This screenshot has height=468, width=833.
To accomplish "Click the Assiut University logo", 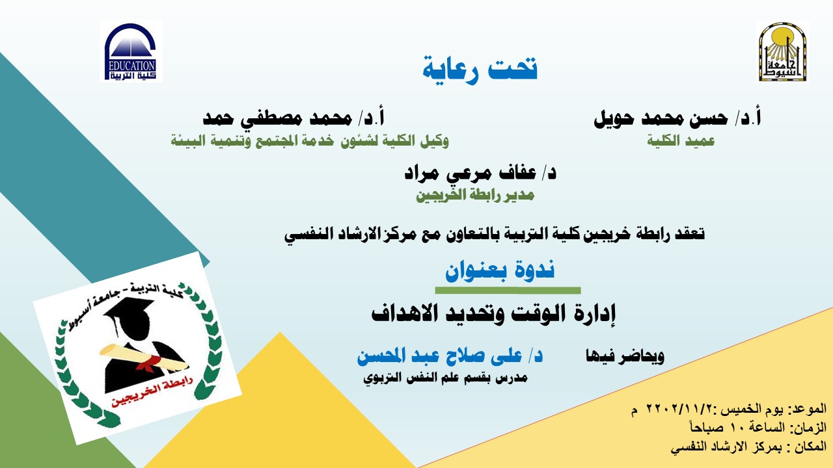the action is [782, 51].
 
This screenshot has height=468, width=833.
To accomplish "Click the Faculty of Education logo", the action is [131, 51].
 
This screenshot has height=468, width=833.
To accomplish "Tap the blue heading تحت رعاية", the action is [480, 69].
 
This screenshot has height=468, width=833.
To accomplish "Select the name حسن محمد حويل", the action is [661, 118].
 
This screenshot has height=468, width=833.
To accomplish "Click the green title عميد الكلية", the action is [681, 141].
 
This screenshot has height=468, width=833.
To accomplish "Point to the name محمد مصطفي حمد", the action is [277, 118].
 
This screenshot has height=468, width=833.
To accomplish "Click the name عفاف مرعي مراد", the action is [471, 173].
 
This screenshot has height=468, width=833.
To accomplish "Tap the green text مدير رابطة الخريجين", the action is [475, 194].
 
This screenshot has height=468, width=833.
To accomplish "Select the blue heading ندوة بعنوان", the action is [500, 270].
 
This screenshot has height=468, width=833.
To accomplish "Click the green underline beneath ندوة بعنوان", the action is [508, 291].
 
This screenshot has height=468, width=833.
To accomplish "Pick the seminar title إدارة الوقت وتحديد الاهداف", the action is [493, 314].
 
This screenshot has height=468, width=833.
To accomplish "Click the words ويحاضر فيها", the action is [625, 356].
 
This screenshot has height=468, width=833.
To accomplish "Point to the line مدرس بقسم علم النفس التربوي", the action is [446, 378].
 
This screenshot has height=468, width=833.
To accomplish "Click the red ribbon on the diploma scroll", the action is [150, 362].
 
